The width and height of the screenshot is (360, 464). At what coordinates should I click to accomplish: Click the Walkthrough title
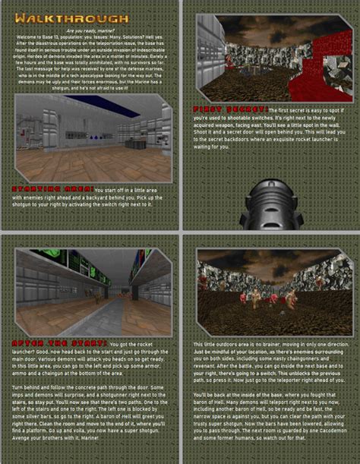[x=71, y=17]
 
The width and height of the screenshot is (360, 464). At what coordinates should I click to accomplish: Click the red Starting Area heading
[x=43, y=188]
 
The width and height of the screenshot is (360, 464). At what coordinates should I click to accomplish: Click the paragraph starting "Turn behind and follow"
[x=90, y=415]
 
